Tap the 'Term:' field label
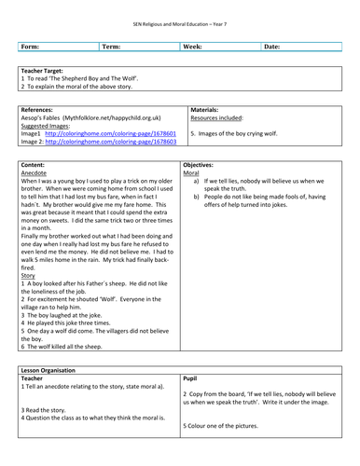click(x=111, y=46)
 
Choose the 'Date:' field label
click(x=272, y=46)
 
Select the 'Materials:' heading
click(x=210, y=109)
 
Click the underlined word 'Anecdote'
click(x=36, y=172)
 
